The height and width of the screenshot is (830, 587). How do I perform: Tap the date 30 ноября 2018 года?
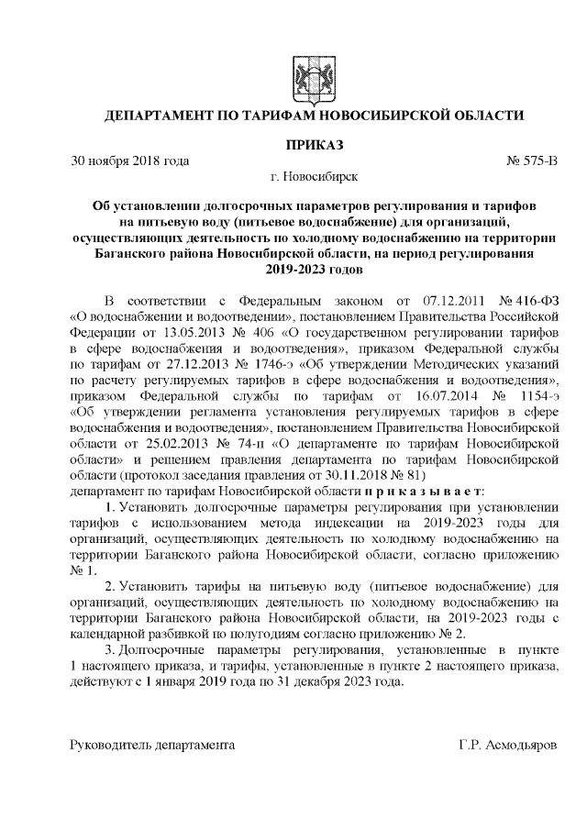pyautogui.click(x=130, y=161)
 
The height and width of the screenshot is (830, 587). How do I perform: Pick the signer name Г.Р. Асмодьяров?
pyautogui.click(x=507, y=746)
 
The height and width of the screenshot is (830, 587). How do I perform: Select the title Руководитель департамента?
pyautogui.click(x=152, y=746)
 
